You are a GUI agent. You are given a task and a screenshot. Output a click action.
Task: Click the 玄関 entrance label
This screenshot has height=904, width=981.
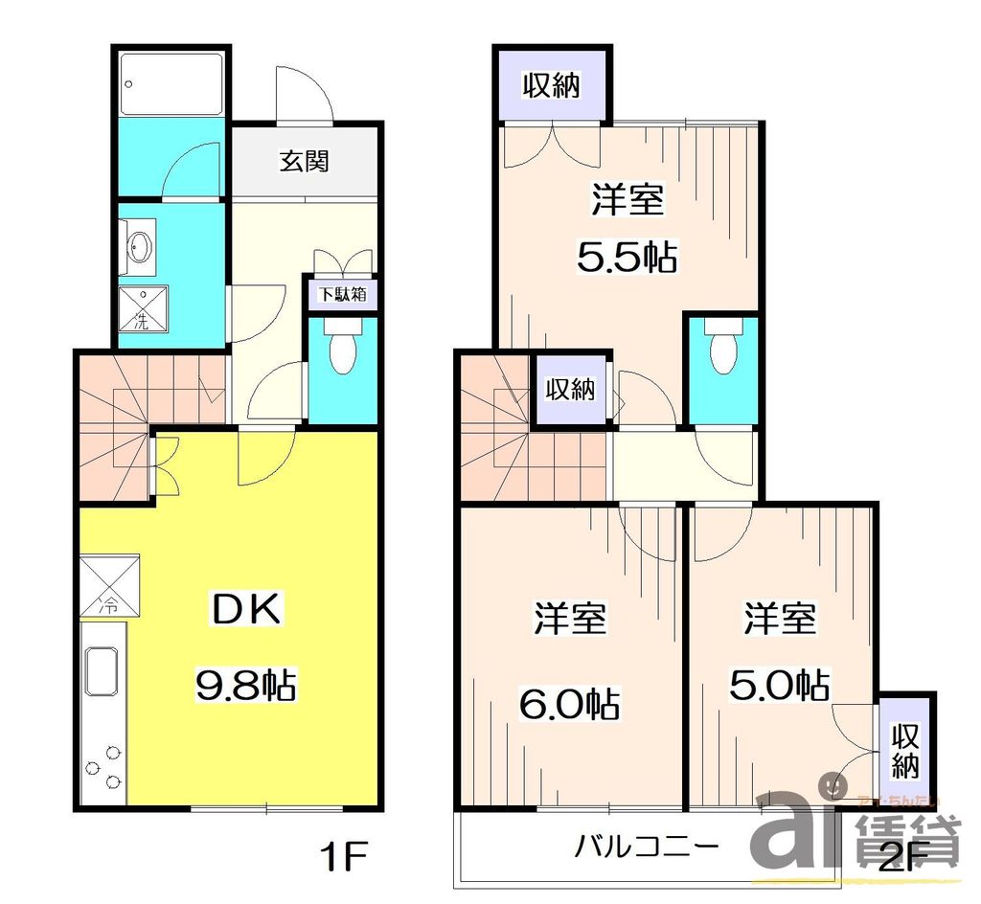click(x=304, y=161)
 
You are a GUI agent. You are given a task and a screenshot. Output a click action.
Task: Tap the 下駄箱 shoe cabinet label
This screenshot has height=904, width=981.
click(x=341, y=294)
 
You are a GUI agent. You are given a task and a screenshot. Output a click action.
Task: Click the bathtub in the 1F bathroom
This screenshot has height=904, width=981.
click(x=172, y=83)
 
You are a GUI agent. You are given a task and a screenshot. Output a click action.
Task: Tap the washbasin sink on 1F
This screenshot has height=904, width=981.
click(x=140, y=247)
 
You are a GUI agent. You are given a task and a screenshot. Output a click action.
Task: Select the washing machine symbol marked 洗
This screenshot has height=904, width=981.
click(x=140, y=309)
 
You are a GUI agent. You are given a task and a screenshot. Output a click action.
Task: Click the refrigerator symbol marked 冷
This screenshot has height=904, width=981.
click(x=109, y=586)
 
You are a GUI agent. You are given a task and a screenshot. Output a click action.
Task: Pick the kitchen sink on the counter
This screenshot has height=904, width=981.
click(x=102, y=669)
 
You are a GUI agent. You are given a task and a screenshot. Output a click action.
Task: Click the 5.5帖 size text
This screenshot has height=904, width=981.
click(x=627, y=256)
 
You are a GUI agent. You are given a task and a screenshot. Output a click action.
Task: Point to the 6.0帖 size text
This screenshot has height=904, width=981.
click(x=569, y=705)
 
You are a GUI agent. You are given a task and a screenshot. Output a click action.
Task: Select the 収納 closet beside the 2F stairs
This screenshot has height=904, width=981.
click(x=570, y=389)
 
